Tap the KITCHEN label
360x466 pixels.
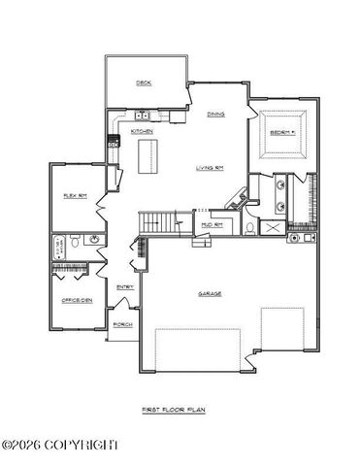click(142, 131)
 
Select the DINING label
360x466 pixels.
click(215, 115)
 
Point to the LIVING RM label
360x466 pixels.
click(211, 167)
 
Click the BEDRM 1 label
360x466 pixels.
click(281, 132)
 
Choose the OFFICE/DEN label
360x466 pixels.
click(77, 300)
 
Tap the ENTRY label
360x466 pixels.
click(125, 287)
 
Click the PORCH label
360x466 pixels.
click(122, 324)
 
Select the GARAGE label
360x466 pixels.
click(210, 293)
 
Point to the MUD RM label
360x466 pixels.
click(211, 224)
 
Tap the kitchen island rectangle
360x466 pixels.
click(148, 155)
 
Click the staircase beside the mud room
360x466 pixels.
click(160, 222)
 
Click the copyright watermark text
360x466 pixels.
click(60, 445)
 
